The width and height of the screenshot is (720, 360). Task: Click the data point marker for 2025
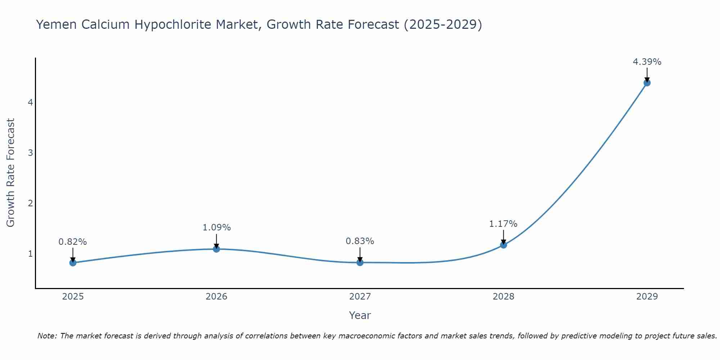[x=73, y=262]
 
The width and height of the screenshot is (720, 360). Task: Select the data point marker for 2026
[x=216, y=249]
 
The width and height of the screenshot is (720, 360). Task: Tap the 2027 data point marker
[x=360, y=262]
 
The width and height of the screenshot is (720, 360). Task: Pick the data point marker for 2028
[x=503, y=245]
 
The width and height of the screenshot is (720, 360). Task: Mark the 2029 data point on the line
[x=647, y=83]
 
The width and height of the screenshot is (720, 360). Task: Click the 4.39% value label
[x=647, y=62]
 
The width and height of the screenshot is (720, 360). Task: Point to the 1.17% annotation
[x=503, y=224]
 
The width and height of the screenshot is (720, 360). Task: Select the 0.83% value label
[x=360, y=241]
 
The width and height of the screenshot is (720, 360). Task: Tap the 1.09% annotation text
[x=216, y=228]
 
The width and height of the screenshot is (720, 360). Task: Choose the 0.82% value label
[x=73, y=242]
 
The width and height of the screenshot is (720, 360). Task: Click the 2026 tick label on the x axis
[x=216, y=297]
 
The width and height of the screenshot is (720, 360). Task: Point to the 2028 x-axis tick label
[x=503, y=297]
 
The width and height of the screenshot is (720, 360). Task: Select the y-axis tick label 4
[x=30, y=103]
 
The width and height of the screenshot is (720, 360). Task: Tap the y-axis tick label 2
[x=30, y=203]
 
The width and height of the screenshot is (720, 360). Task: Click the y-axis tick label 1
[x=30, y=254]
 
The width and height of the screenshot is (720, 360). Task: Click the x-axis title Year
[x=360, y=315]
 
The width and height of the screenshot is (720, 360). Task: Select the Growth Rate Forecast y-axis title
[x=11, y=173]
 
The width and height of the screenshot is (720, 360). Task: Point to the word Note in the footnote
[x=47, y=336]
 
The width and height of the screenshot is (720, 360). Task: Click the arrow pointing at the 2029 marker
[x=647, y=75]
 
